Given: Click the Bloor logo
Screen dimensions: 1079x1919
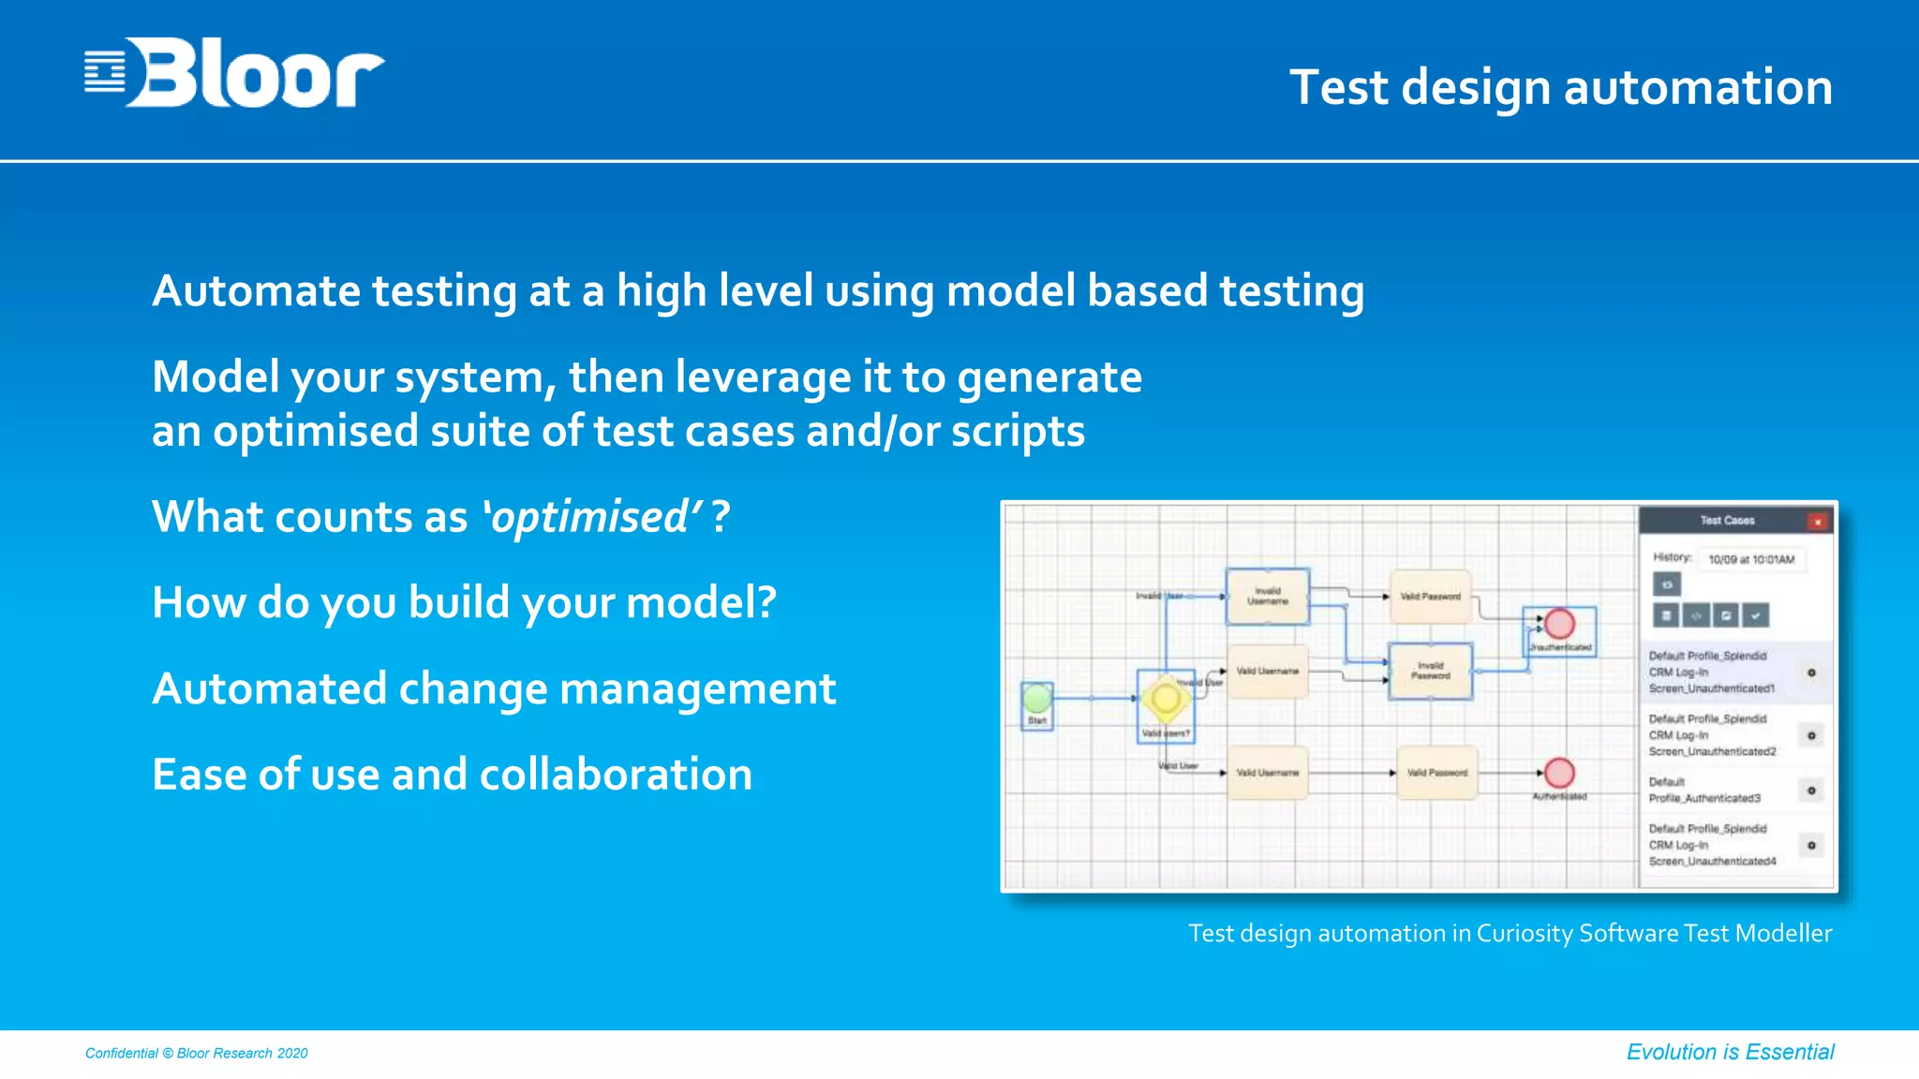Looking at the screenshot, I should click(x=234, y=73).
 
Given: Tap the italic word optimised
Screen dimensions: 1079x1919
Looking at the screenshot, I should click(x=591, y=517).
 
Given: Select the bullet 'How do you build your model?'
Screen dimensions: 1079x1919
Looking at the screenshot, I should click(x=464, y=602).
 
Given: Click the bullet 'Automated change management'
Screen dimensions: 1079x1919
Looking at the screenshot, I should click(x=493, y=688).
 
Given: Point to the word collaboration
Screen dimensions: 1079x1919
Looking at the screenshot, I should click(x=616, y=775).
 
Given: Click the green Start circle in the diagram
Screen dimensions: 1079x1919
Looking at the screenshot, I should click(x=1036, y=698).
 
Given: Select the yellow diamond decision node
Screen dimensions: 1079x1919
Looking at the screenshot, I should click(x=1166, y=699).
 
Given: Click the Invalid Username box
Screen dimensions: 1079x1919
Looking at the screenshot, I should click(x=1267, y=596).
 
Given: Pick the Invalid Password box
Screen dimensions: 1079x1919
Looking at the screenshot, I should click(x=1430, y=671).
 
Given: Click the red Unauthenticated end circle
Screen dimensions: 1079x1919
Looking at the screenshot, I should click(x=1559, y=624).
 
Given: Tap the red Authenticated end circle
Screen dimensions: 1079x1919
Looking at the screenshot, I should click(x=1559, y=773).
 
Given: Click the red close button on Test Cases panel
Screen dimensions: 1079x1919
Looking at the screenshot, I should click(x=1817, y=522).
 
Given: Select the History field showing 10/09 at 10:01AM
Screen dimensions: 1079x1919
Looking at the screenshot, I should click(x=1750, y=559).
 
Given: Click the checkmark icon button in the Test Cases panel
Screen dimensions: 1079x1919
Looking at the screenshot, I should click(x=1756, y=615).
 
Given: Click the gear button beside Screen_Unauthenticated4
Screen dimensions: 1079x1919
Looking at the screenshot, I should click(x=1811, y=845).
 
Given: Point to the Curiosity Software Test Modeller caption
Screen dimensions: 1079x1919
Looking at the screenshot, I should click(x=1510, y=933).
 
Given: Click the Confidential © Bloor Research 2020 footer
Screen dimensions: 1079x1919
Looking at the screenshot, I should click(x=196, y=1053).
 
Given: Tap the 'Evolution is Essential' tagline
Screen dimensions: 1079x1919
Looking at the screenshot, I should click(x=1730, y=1052).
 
